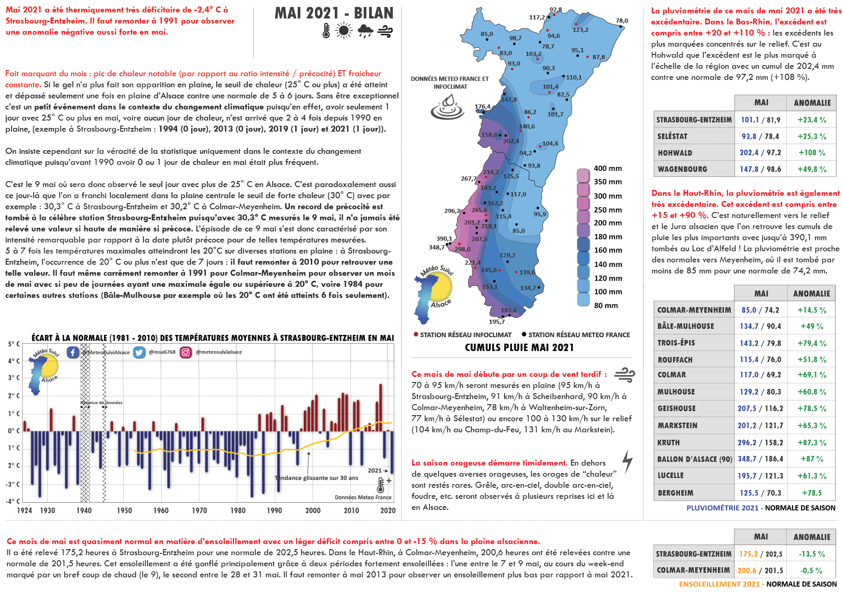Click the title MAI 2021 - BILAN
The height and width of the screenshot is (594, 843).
click(x=334, y=13)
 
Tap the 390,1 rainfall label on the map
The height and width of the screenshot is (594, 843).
click(x=444, y=238)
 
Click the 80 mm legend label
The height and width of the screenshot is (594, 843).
click(x=606, y=305)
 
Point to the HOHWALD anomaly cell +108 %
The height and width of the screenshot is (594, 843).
click(x=812, y=153)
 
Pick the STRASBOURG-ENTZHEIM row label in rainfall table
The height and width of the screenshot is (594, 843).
click(x=694, y=120)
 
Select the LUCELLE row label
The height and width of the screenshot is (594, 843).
click(x=671, y=476)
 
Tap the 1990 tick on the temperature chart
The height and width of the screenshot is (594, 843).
click(x=274, y=510)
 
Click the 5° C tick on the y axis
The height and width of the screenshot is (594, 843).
click(x=14, y=344)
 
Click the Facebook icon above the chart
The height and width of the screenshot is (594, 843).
click(x=73, y=352)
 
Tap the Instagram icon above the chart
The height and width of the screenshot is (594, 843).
click(x=186, y=352)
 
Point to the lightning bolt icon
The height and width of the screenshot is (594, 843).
click(x=627, y=462)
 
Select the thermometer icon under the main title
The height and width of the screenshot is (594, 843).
click(x=326, y=31)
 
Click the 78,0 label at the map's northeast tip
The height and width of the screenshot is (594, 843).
click(x=622, y=21)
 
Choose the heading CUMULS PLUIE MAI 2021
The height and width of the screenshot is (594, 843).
click(x=519, y=348)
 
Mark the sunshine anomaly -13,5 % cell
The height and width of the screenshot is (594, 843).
click(x=812, y=554)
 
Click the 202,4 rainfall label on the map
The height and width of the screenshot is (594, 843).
click(x=511, y=141)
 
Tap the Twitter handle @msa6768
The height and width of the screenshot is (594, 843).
click(x=162, y=352)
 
